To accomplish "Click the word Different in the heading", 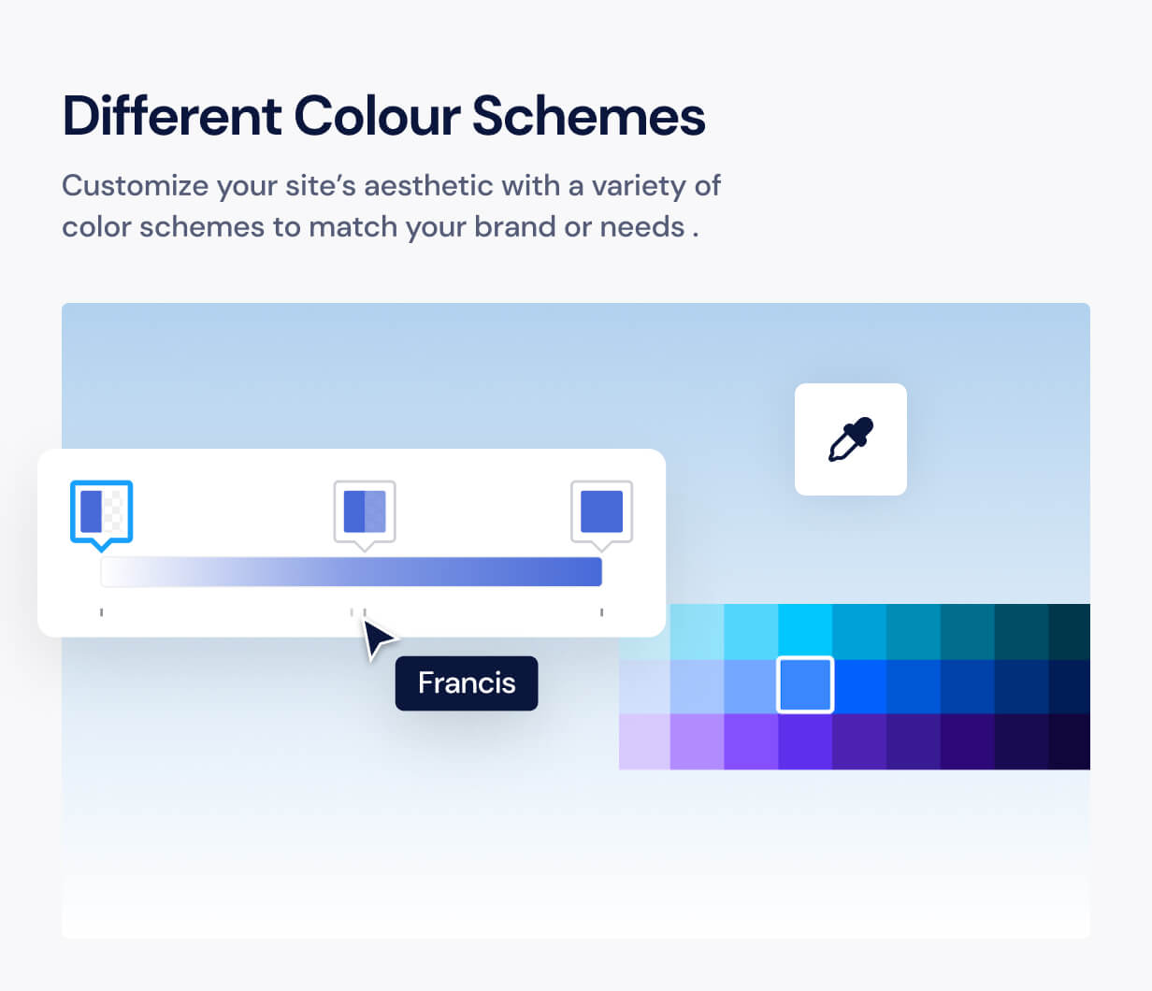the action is click(172, 116).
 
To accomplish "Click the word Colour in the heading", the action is click(377, 116).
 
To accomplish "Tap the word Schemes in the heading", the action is click(588, 116).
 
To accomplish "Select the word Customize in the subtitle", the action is click(135, 186).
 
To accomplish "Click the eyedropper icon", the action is click(851, 439).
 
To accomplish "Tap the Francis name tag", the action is click(467, 682).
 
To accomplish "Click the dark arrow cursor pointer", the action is click(377, 639).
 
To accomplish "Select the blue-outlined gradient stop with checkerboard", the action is click(101, 512).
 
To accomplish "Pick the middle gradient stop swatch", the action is click(365, 512).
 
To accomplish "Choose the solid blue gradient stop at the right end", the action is click(601, 512).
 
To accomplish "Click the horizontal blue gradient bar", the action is click(352, 572).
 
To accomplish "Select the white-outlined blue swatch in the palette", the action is click(805, 684).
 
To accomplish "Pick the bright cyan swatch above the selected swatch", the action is click(805, 631).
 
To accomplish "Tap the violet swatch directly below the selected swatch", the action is click(805, 741).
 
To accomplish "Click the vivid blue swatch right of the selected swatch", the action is click(858, 686).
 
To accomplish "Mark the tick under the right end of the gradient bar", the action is click(601, 612).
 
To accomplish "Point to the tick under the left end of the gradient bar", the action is click(101, 612).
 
